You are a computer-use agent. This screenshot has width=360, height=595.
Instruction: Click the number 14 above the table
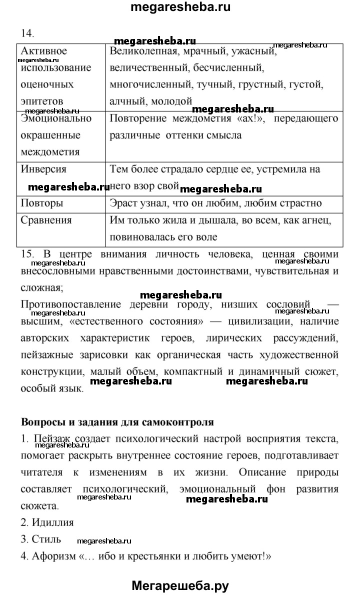tap(27, 33)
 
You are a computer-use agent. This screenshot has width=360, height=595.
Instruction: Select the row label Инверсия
tap(43, 169)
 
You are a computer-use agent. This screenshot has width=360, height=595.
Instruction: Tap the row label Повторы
tap(42, 203)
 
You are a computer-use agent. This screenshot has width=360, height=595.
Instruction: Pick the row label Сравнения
tap(46, 220)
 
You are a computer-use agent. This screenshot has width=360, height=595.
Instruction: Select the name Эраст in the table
tap(123, 203)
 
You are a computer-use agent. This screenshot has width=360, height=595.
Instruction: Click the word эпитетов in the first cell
tap(42, 101)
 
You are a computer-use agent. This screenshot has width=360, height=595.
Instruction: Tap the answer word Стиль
tap(46, 539)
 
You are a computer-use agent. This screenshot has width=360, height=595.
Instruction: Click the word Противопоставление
tap(71, 304)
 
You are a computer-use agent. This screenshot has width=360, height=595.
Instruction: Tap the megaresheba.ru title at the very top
tap(181, 7)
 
